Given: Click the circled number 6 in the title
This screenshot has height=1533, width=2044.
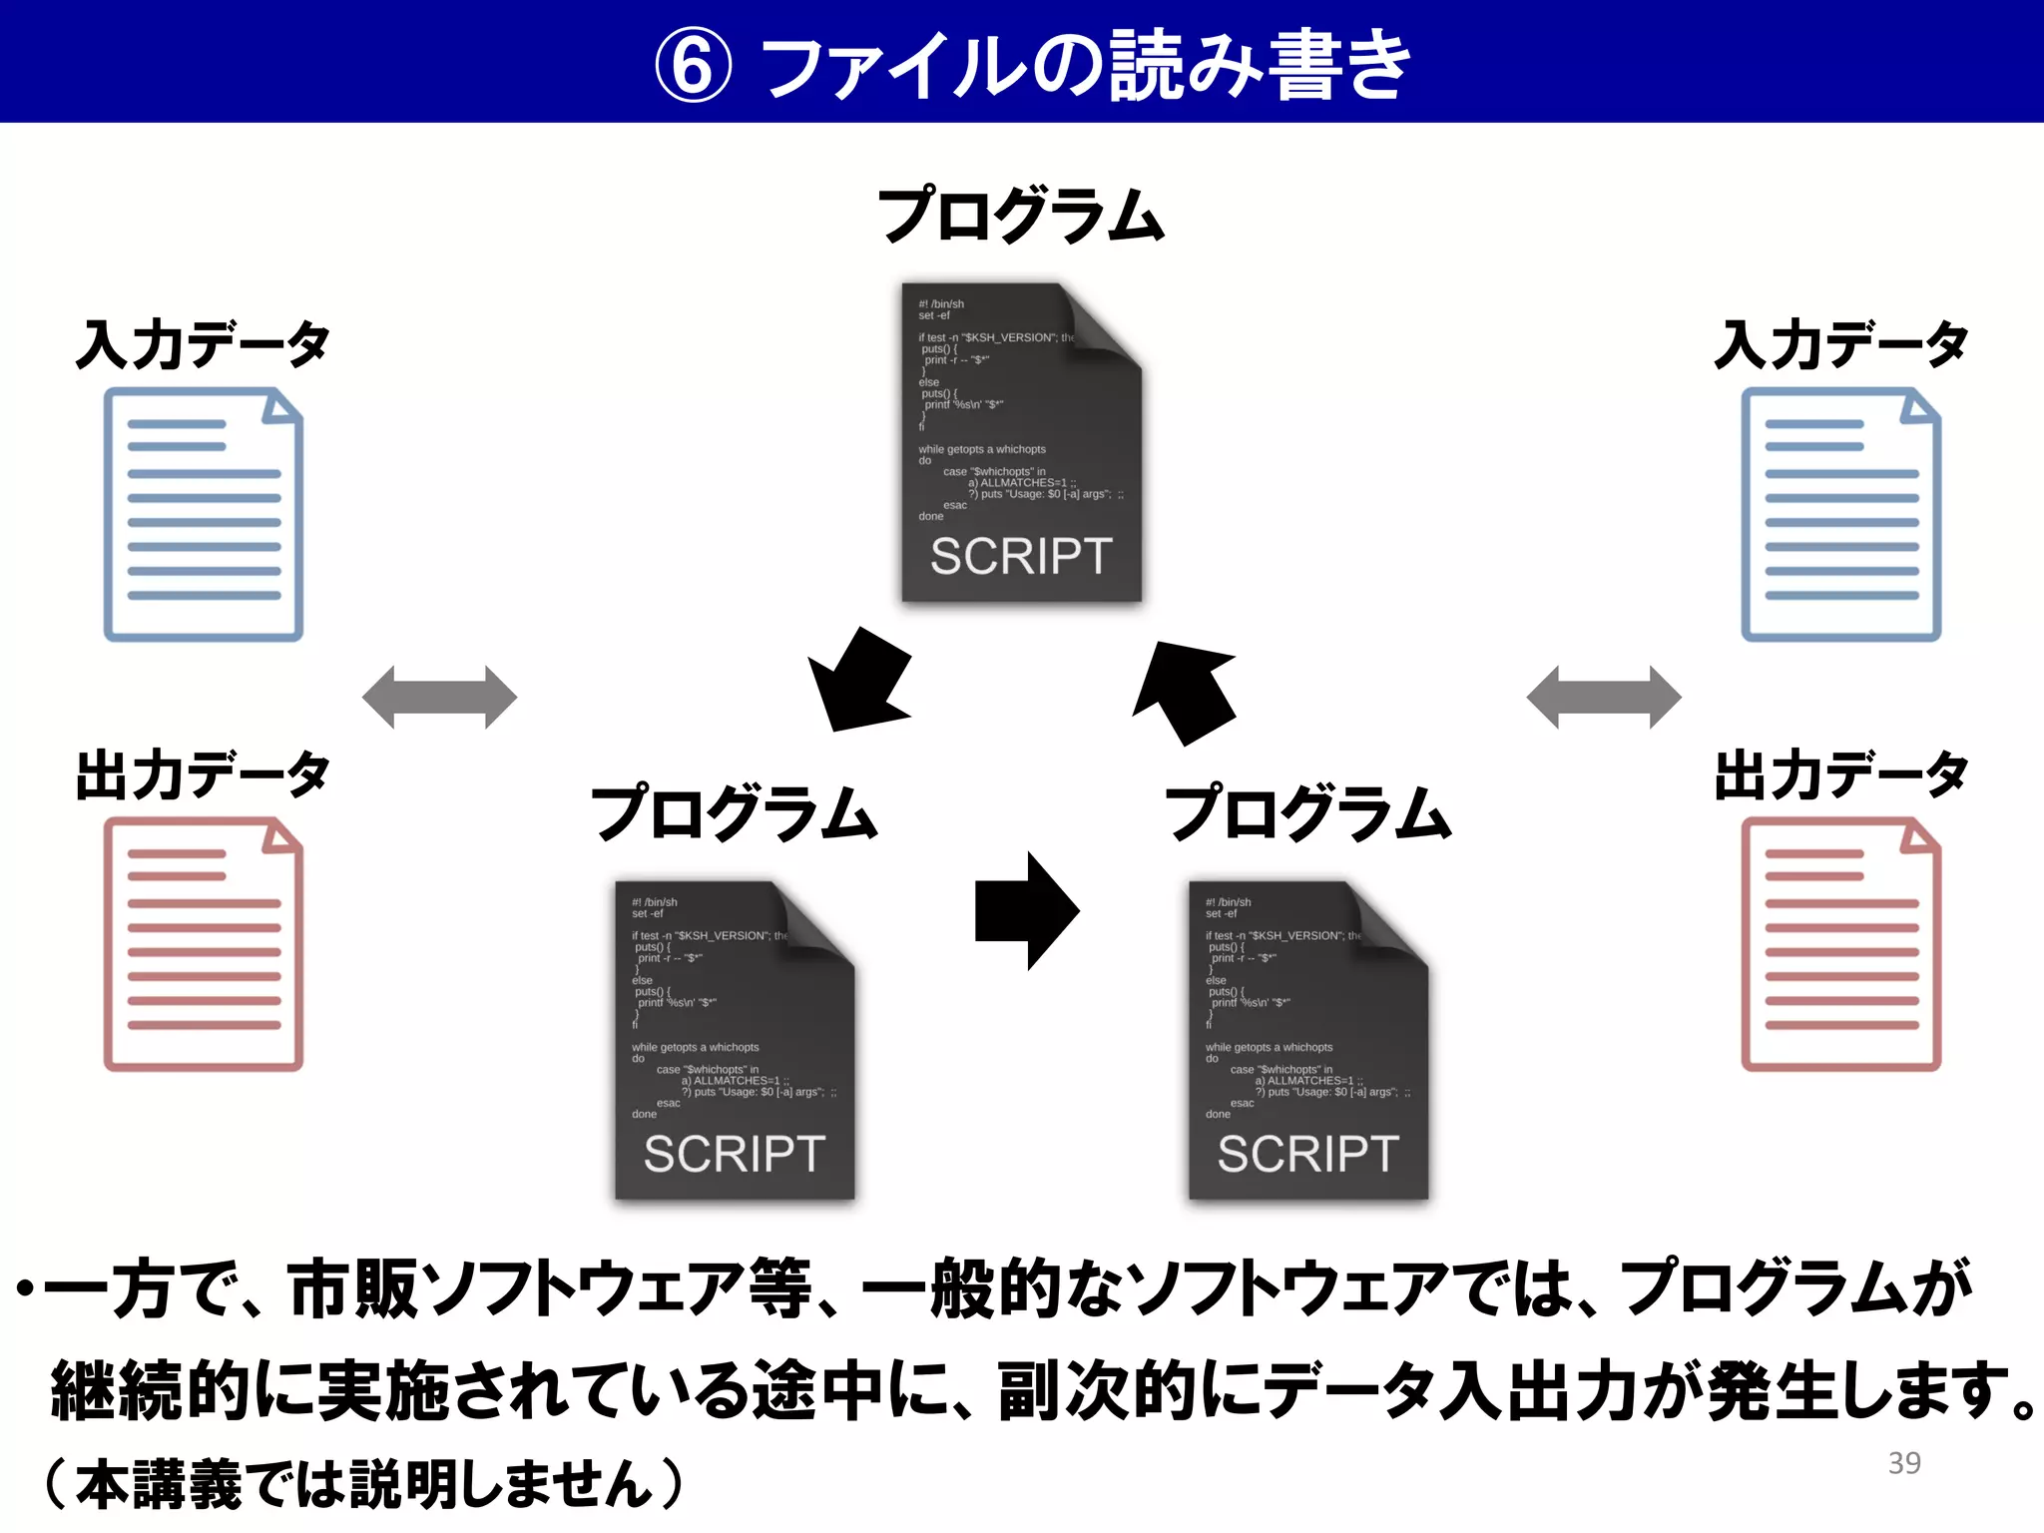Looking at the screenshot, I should [x=693, y=66].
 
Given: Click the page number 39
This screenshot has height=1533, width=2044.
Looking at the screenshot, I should [x=1904, y=1462].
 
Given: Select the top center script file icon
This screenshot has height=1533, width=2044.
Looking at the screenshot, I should [x=1020, y=442].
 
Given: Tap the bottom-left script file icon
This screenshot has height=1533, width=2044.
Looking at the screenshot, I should [x=735, y=1040].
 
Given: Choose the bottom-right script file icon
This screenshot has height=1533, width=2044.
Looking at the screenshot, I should [x=1307, y=1040].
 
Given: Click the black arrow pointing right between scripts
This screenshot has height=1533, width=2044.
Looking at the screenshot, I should [x=1026, y=910].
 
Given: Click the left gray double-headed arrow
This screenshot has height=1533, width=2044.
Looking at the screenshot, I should [x=439, y=697].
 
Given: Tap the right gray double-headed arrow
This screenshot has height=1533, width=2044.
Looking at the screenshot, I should [x=1604, y=697].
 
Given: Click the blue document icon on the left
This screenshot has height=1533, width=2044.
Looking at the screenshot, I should [x=204, y=514].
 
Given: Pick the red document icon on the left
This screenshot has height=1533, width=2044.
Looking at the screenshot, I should [x=204, y=944].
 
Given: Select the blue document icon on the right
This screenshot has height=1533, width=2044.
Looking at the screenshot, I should [x=1840, y=514].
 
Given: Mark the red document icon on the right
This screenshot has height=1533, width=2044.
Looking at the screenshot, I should [x=1840, y=944].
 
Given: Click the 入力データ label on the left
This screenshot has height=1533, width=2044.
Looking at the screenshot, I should [x=203, y=344].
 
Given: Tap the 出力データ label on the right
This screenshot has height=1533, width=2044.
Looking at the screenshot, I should [x=1841, y=774].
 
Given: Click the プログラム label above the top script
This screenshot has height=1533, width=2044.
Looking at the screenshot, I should [x=1021, y=215].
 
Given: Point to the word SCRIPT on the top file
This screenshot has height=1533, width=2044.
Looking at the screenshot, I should [x=1020, y=556].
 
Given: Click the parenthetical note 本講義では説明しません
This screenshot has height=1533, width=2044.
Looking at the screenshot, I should [x=364, y=1484].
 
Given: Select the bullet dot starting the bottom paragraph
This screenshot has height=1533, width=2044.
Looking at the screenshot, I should [x=25, y=1290].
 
